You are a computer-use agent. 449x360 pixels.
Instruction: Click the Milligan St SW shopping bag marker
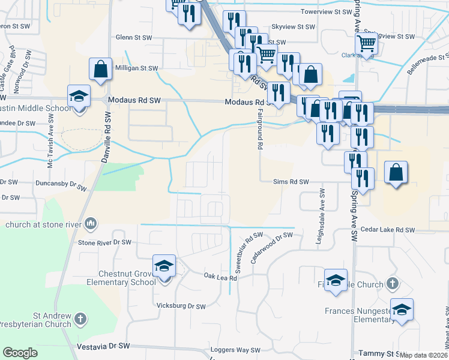(100, 69)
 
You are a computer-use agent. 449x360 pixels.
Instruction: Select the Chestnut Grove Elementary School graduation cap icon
(163, 266)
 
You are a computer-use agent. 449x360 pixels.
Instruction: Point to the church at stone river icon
(91, 224)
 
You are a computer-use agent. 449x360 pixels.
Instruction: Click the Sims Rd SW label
(291, 181)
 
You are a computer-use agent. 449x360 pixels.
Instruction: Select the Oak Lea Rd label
(220, 277)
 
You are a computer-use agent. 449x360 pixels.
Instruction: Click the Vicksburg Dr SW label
(181, 306)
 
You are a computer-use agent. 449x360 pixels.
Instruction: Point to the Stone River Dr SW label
(104, 242)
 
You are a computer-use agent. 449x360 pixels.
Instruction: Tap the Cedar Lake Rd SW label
(388, 230)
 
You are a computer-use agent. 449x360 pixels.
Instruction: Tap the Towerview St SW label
(325, 11)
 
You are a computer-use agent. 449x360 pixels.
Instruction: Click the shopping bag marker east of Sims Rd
(396, 172)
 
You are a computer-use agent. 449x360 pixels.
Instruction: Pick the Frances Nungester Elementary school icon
(402, 309)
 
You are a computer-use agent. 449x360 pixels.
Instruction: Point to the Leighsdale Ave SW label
(322, 216)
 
